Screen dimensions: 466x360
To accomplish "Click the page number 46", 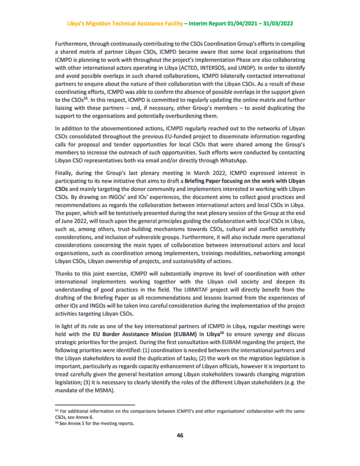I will (x=180, y=436).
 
